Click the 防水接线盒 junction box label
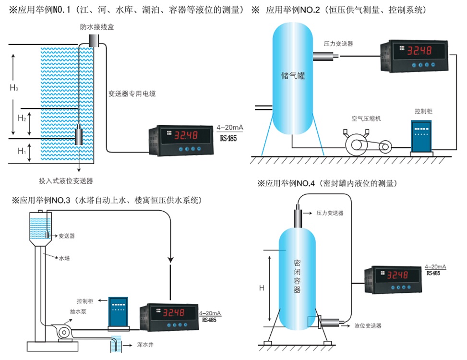[97, 27]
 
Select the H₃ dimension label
[14, 88]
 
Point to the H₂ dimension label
[22, 118]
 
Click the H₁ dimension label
[22, 151]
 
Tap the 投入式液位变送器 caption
[66, 181]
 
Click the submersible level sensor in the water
[79, 136]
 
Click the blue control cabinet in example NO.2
[421, 135]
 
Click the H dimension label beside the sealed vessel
[262, 288]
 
